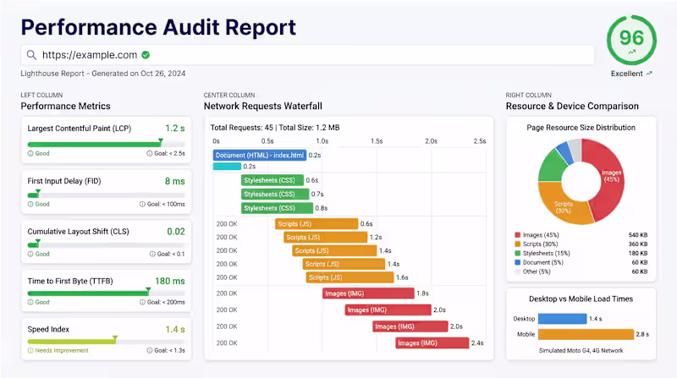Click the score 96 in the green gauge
pos(632,38)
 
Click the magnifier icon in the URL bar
pos(31,55)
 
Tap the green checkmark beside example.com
pos(146,55)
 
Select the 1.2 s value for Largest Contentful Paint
pos(174,129)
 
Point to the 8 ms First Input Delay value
pos(174,181)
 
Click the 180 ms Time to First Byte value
pos(170,281)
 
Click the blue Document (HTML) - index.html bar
pos(259,155)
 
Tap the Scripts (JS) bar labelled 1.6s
pos(350,277)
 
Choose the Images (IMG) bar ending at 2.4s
pos(432,342)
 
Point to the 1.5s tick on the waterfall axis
pos(375,140)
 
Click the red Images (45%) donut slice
pos(612,175)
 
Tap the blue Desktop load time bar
pos(563,319)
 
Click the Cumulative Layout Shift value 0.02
pos(176,231)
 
